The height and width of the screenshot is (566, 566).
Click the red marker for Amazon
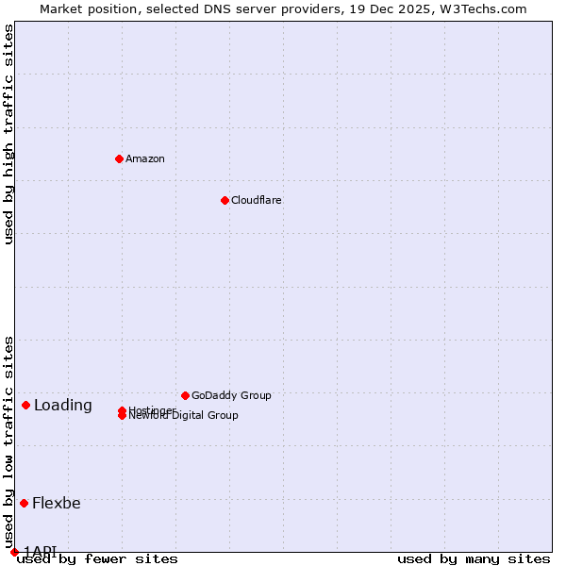click(119, 158)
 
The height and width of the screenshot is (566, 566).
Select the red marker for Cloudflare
click(225, 200)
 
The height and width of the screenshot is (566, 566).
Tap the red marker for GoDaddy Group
click(185, 395)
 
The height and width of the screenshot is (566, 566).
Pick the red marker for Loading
click(25, 405)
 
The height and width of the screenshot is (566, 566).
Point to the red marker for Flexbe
click(24, 503)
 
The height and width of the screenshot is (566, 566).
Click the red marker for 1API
click(14, 552)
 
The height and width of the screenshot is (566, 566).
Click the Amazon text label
click(145, 158)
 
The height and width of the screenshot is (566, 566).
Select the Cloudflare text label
click(257, 200)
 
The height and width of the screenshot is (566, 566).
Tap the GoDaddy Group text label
click(231, 395)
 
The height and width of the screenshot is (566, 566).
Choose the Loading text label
click(63, 406)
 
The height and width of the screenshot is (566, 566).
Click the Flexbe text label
click(57, 503)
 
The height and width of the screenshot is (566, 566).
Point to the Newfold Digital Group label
click(184, 416)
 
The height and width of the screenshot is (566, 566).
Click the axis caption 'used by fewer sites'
click(97, 559)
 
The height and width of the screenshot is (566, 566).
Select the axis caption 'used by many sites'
click(474, 559)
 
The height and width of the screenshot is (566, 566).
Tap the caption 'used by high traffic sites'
click(8, 134)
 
